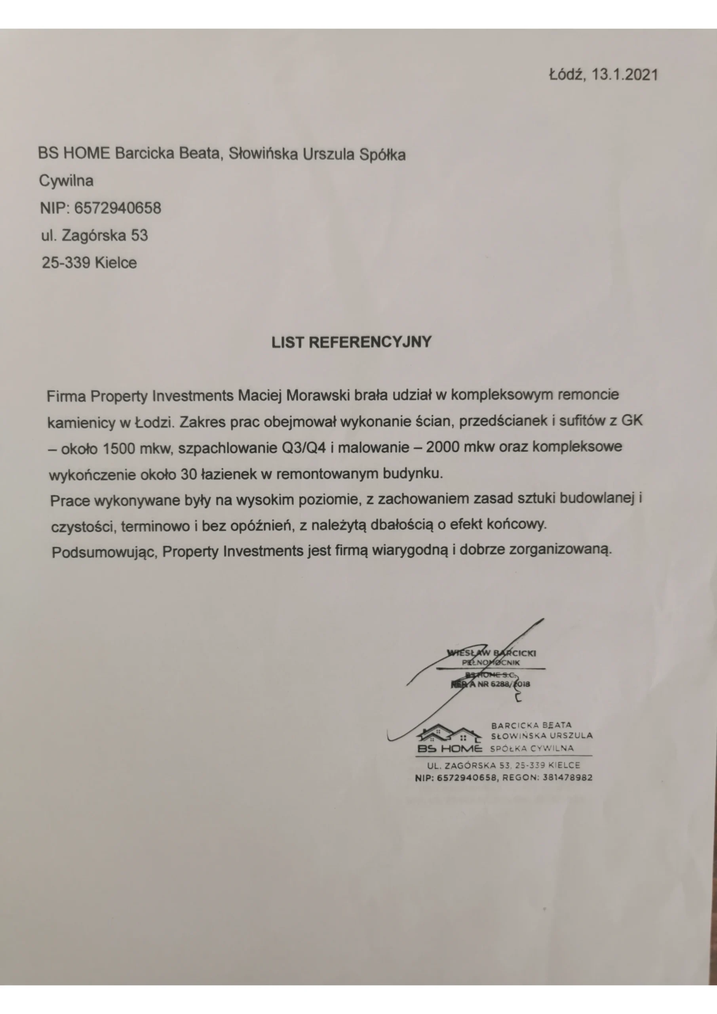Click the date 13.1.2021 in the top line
click(x=624, y=74)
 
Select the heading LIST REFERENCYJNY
click(x=352, y=342)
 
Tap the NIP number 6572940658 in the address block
click(x=118, y=208)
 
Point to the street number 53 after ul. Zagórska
click(x=139, y=235)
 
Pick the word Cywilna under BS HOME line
click(x=66, y=181)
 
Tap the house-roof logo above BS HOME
click(x=449, y=735)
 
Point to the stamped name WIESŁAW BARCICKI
click(x=491, y=653)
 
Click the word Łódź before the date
click(x=567, y=74)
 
